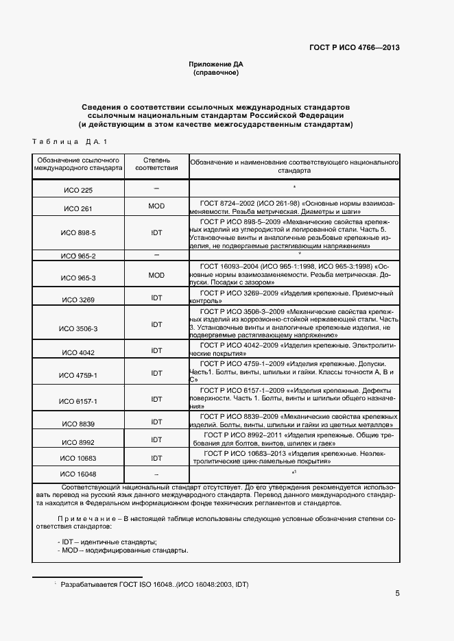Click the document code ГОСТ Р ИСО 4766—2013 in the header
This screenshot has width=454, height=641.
click(x=355, y=47)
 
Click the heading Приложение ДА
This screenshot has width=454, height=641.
click(x=216, y=64)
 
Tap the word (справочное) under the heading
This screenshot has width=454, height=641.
click(x=216, y=72)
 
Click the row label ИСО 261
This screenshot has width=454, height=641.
click(x=77, y=208)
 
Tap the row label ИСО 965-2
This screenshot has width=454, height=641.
click(x=77, y=256)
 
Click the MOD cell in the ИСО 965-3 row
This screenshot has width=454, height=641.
click(x=156, y=275)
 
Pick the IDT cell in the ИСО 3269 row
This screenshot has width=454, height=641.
click(x=156, y=298)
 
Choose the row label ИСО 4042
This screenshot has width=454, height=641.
click(x=77, y=352)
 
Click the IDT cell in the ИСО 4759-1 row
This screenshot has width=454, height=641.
click(x=156, y=373)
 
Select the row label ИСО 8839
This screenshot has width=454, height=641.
click(x=77, y=424)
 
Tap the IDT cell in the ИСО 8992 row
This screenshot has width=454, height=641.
click(x=156, y=439)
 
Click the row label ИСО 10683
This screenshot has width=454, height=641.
click(x=77, y=458)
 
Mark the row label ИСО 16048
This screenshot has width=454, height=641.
click(x=77, y=474)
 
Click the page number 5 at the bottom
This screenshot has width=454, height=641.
click(x=397, y=594)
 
